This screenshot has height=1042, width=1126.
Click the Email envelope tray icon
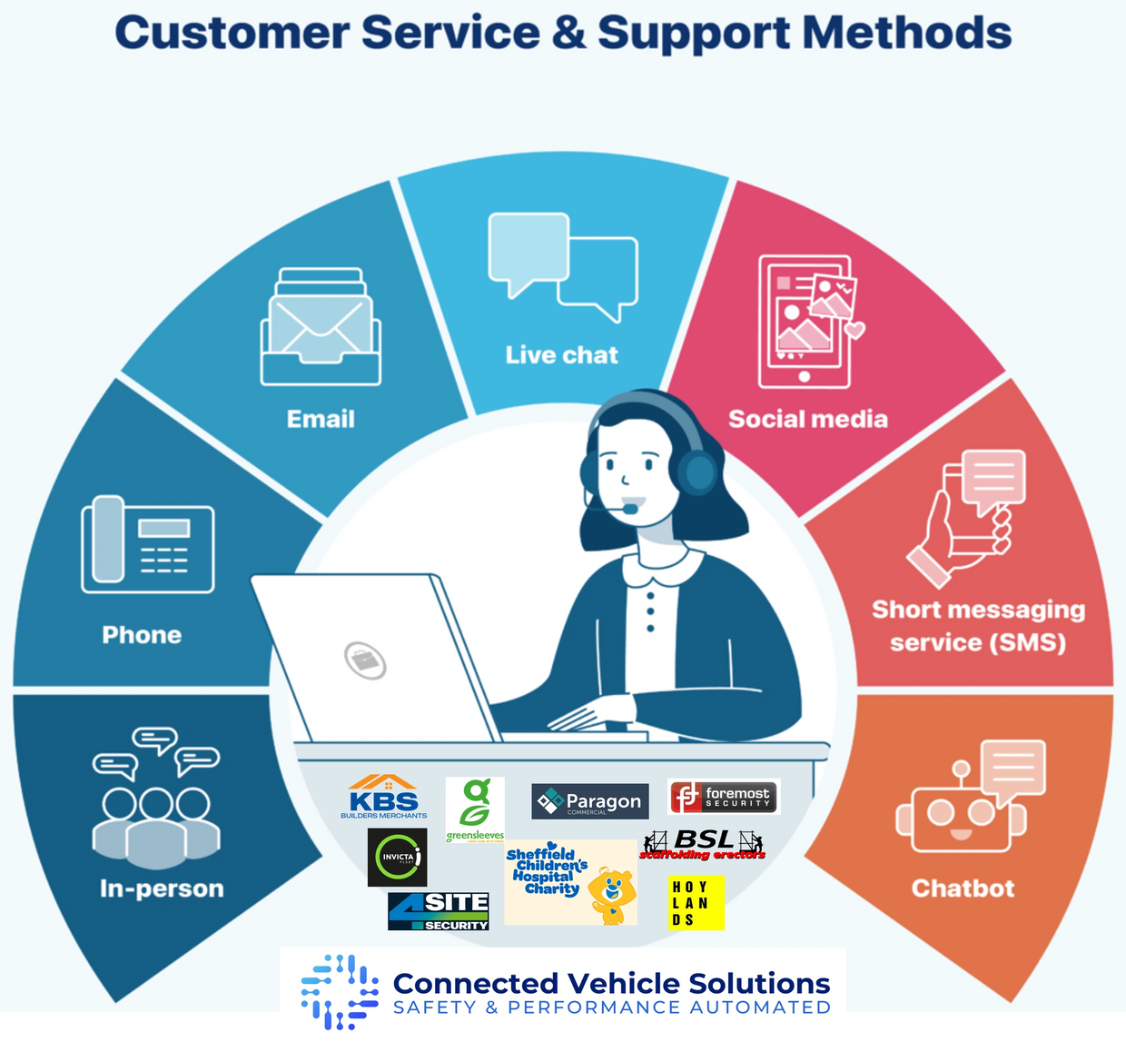coord(321,327)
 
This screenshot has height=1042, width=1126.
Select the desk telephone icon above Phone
coord(148,544)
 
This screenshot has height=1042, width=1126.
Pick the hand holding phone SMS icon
coord(966,517)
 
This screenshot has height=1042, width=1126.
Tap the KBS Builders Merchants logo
coord(384,797)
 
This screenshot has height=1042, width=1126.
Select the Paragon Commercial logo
coord(589,801)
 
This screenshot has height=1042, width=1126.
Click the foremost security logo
coord(724,797)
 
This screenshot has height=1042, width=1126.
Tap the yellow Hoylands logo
coord(696,902)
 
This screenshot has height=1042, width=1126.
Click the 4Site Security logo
coord(439,911)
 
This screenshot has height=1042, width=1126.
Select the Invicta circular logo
coord(397,858)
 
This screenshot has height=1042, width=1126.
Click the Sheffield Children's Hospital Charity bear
coord(612,896)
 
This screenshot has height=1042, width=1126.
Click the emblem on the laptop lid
coord(365,660)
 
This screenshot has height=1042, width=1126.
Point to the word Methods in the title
coord(906,34)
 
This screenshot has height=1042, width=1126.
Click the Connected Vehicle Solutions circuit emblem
coord(339,992)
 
